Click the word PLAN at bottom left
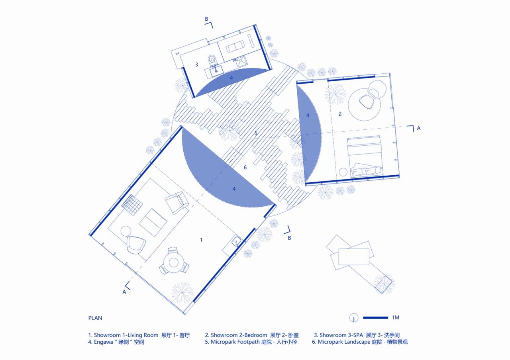click(x=95, y=318)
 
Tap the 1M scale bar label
click(x=395, y=318)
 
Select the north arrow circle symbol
click(x=354, y=318)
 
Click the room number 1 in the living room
click(x=201, y=240)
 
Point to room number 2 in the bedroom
click(x=340, y=114)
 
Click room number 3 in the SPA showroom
click(x=196, y=65)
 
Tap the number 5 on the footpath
click(x=256, y=133)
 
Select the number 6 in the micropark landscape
click(x=245, y=168)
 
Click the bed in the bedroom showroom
click(x=365, y=156)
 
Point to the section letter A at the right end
click(x=418, y=129)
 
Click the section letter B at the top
click(x=206, y=19)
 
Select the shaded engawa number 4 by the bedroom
click(x=308, y=115)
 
